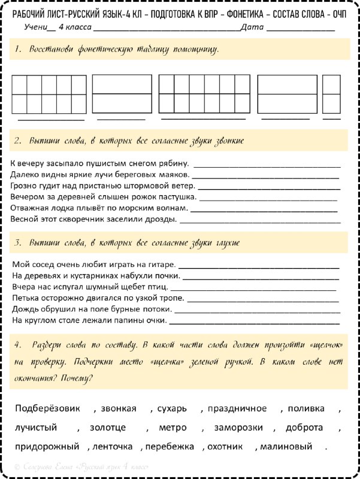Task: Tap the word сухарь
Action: [x=172, y=409]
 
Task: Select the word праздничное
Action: [x=237, y=409]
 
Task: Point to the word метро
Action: [x=173, y=428]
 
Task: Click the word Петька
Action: [x=25, y=298]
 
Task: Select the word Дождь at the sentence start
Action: [x=25, y=309]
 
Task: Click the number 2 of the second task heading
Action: [x=18, y=140]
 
